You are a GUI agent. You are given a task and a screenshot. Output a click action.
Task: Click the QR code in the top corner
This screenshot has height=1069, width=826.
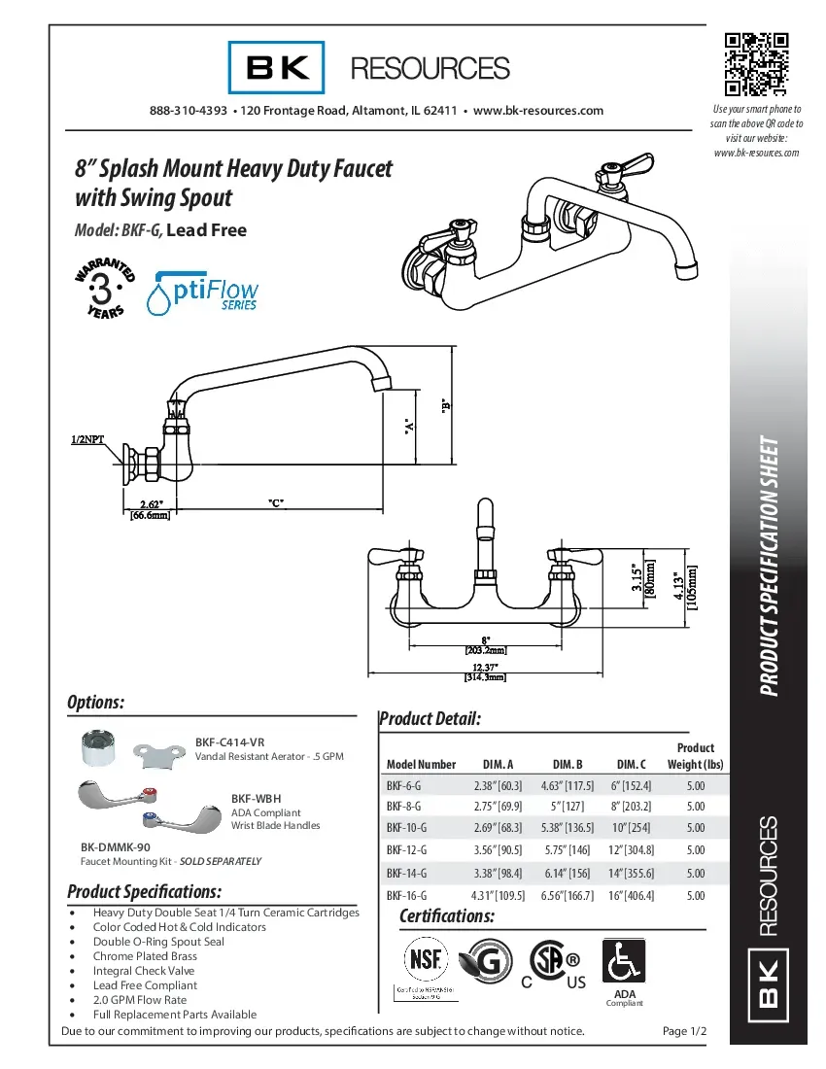point(756,64)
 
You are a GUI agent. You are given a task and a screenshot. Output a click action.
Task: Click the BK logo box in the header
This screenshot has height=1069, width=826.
point(276,68)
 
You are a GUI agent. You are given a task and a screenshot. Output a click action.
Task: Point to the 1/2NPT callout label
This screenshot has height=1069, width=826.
point(87,439)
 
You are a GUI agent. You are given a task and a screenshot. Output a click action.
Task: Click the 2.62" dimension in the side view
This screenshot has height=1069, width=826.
point(151,504)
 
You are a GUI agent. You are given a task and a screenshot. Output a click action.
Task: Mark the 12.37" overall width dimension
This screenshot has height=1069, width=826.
point(485,668)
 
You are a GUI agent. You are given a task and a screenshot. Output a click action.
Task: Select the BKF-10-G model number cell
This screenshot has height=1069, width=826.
point(405,829)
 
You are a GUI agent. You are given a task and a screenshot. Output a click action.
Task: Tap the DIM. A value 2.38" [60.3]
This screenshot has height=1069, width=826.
point(498,785)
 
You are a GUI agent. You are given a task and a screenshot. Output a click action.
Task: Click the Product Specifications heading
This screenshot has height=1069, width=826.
point(145,891)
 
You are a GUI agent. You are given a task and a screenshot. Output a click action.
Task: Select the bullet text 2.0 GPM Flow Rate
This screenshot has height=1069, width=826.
point(140,999)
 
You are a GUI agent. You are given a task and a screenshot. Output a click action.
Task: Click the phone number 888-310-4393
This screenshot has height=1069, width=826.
point(189,111)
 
